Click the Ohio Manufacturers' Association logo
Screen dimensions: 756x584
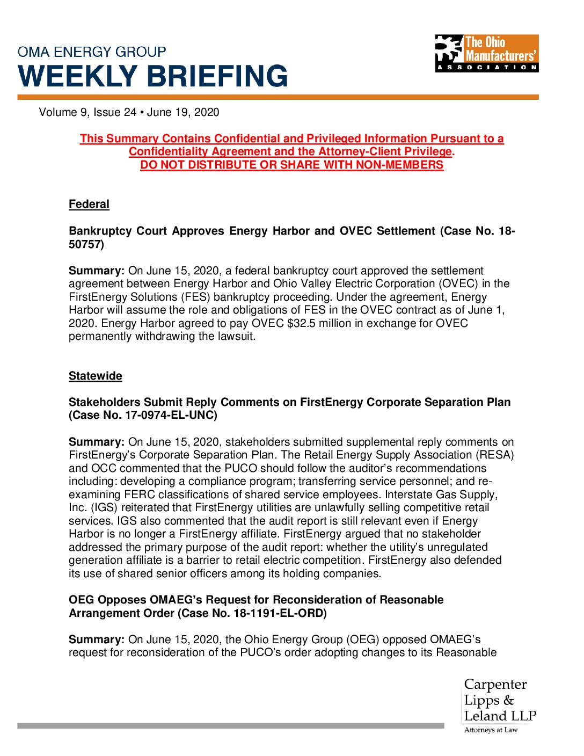[486, 53]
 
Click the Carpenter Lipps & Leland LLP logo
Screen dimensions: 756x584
[499, 705]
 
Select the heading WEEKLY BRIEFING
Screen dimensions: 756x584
[153, 76]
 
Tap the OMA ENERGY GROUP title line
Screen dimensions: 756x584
[92, 52]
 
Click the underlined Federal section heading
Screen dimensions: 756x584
[89, 204]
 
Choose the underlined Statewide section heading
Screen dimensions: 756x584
[95, 376]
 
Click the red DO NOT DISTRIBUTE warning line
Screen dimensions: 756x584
[292, 165]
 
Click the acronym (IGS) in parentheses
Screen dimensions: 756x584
[106, 507]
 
